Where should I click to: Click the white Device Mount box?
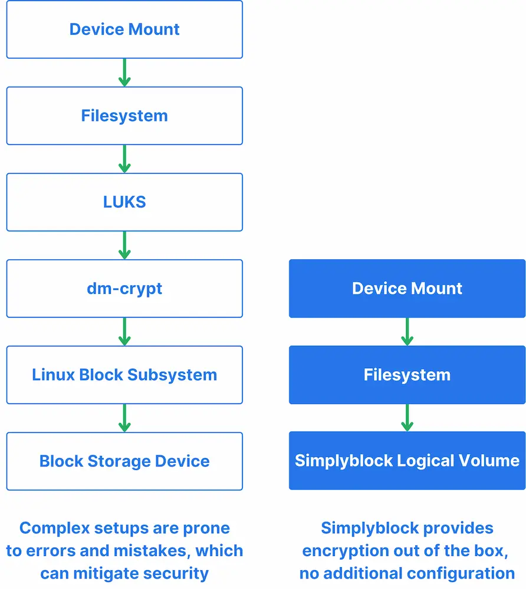[124, 29]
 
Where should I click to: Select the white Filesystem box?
[124, 115]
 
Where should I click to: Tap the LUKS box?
[124, 202]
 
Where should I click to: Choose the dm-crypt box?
[124, 289]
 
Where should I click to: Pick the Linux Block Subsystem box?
[124, 375]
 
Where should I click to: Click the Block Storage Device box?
[124, 461]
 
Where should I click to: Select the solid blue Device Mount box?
[407, 289]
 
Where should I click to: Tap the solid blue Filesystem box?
[407, 375]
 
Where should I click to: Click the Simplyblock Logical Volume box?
[407, 461]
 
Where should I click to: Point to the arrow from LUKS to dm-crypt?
[124, 245]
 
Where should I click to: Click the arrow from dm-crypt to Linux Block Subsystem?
[124, 332]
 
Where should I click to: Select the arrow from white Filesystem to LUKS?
[124, 159]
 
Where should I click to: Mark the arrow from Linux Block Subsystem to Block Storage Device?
[124, 418]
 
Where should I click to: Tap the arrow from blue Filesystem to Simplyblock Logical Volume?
[407, 418]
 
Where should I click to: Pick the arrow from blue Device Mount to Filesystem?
[407, 332]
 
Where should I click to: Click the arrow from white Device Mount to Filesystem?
[124, 72]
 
